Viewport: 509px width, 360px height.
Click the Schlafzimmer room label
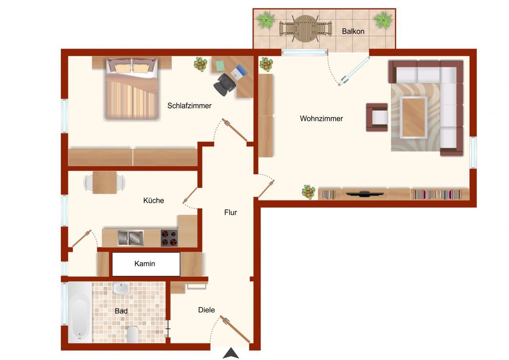(189, 106)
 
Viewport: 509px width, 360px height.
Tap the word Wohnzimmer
(321, 119)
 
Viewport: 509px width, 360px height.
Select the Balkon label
(353, 31)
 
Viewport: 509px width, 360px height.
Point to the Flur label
(230, 212)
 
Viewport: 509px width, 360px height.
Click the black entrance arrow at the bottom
(230, 353)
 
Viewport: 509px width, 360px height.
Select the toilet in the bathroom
(132, 334)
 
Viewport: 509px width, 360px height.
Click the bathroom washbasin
(120, 288)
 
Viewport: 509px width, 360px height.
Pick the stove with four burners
(169, 238)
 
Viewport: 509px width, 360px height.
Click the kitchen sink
(131, 238)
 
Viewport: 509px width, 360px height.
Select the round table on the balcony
(305, 28)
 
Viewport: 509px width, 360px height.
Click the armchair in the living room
(377, 117)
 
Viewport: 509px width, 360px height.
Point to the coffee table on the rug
(414, 117)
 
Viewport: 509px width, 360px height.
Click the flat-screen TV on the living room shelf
(365, 194)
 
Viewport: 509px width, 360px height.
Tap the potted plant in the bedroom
(200, 64)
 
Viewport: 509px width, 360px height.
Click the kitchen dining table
(105, 182)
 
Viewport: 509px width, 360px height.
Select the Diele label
(206, 310)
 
